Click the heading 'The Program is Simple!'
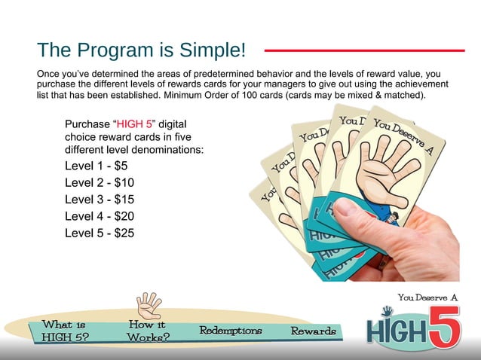[142, 50]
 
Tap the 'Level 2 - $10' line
[100, 183]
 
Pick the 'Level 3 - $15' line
[100, 200]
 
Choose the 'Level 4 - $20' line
[100, 216]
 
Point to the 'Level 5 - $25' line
[100, 233]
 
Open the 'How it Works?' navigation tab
[147, 331]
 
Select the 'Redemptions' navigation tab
[231, 331]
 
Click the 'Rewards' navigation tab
[314, 331]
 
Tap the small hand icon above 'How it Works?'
[149, 304]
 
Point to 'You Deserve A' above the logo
[427, 297]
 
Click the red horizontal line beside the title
[363, 51]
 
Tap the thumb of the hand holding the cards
[360, 218]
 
